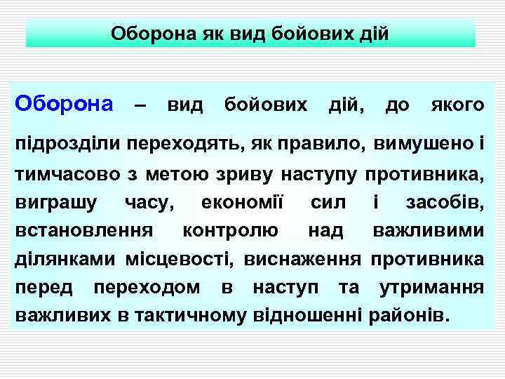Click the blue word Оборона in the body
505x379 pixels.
pos(64,105)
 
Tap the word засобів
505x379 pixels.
pos(445,203)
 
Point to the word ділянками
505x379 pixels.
pos(65,260)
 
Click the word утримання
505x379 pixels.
pos(431,288)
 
